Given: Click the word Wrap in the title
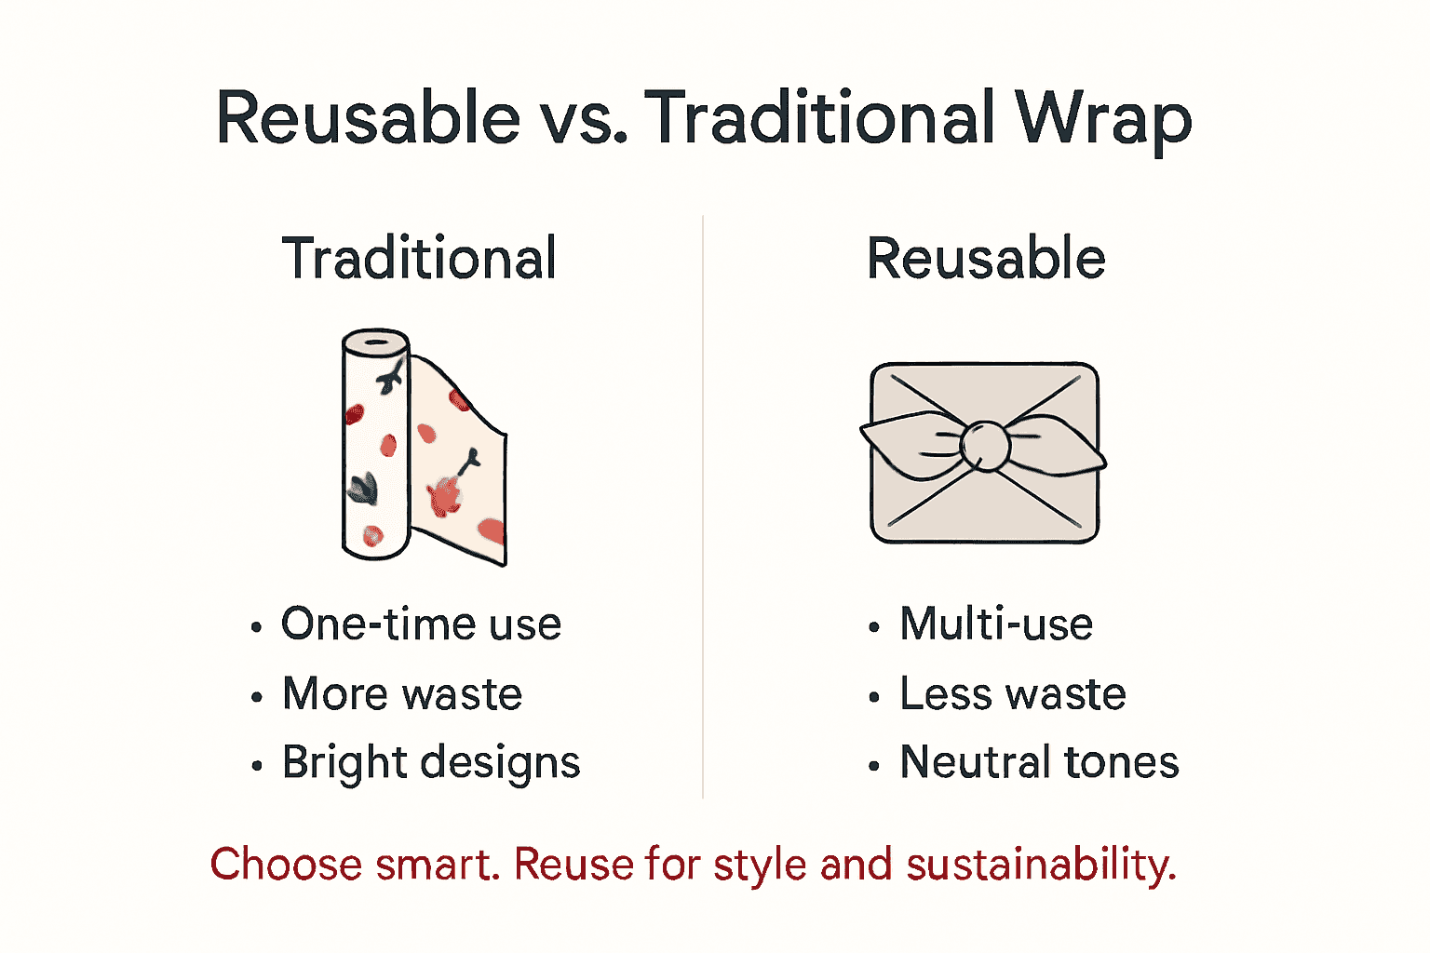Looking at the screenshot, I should (1103, 119).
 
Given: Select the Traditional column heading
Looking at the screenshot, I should (419, 259).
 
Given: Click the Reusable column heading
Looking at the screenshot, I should (986, 259).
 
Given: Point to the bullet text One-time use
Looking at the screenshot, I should (421, 624).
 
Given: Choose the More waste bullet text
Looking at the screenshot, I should (402, 694).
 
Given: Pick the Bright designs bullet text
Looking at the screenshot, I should (431, 763).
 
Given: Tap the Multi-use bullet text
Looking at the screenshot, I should (996, 624).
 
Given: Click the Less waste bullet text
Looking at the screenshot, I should (1013, 694).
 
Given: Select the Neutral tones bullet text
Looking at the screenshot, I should (1039, 763).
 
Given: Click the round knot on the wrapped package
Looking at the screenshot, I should (984, 446).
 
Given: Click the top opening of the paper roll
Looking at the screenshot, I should (376, 342).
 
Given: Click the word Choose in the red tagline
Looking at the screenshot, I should (286, 865).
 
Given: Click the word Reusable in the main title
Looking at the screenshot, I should (368, 119).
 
